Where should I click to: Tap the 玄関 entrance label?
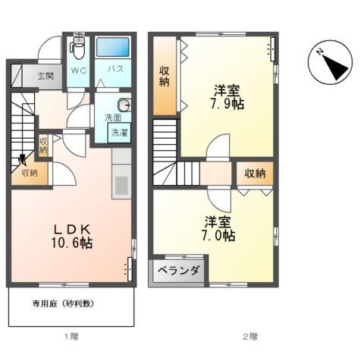click(x=45, y=76)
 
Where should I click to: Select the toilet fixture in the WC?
click(x=77, y=50)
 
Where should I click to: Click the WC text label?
click(x=78, y=69)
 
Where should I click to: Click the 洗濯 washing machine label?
click(x=120, y=133)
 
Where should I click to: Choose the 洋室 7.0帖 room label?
click(x=218, y=229)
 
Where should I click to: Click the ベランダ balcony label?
click(x=178, y=271)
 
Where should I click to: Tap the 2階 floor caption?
click(x=249, y=335)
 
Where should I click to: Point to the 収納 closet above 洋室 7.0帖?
click(x=255, y=174)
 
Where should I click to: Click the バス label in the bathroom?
click(x=115, y=69)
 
